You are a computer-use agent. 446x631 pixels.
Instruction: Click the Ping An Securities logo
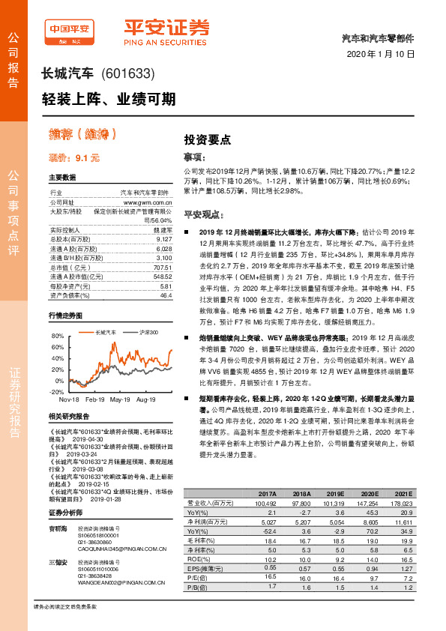166,31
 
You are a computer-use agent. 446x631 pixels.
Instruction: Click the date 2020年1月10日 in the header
380,54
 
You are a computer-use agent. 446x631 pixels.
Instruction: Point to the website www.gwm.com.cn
148,202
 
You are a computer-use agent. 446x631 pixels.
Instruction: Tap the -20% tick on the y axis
56,392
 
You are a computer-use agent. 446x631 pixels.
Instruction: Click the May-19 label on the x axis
121,400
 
